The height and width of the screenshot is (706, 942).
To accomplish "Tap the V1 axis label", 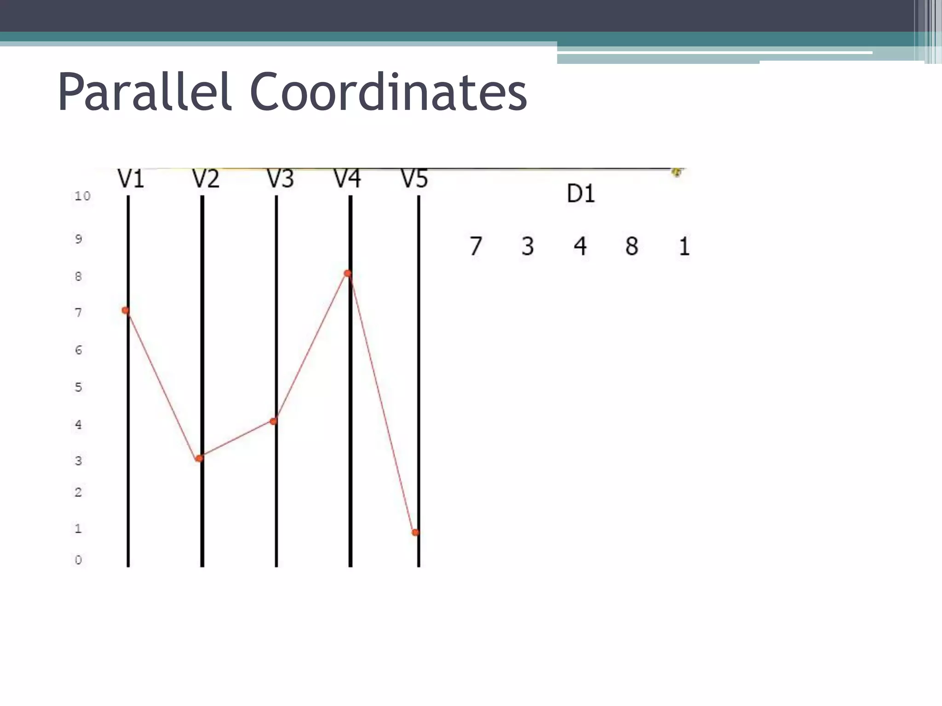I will (x=131, y=179).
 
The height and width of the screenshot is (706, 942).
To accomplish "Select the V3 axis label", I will (x=280, y=179).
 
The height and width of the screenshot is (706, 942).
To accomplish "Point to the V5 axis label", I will (x=414, y=179).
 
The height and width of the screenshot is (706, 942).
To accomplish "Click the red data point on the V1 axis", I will (x=125, y=310).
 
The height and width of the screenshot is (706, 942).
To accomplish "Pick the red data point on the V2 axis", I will (x=199, y=458).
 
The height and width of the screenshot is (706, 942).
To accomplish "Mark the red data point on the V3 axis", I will (x=274, y=421).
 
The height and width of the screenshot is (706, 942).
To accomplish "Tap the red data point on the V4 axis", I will (x=348, y=273).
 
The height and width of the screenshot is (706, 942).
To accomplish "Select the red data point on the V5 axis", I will (x=415, y=532).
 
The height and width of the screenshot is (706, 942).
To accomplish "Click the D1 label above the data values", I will (x=580, y=194).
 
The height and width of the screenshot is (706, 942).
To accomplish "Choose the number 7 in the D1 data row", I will (x=476, y=246).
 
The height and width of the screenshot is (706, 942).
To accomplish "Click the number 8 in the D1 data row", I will (x=632, y=246).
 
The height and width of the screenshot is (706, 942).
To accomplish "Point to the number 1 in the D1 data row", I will (x=684, y=246).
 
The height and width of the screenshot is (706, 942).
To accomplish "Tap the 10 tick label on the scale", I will (x=83, y=196).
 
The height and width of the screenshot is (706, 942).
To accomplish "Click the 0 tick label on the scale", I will (x=78, y=560).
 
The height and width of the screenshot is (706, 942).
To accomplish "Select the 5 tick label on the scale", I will (x=78, y=387).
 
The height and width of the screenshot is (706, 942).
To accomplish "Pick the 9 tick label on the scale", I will (x=78, y=239).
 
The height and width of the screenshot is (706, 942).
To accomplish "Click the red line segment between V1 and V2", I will (x=162, y=384).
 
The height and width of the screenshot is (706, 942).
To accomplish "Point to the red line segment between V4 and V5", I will (x=382, y=403).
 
